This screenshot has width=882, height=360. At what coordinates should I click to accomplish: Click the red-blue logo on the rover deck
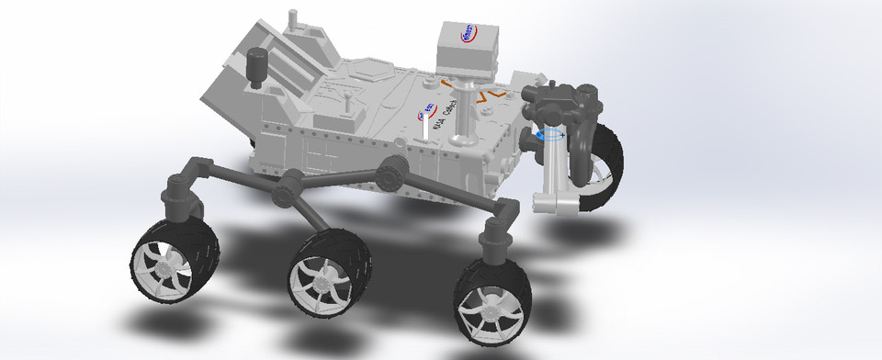click(x=427, y=111)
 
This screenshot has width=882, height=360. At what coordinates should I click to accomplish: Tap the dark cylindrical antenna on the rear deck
click(x=257, y=66)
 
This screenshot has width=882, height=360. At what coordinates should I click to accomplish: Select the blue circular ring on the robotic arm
click(x=551, y=134)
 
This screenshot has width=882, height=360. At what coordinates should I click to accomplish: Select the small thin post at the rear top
click(x=293, y=19)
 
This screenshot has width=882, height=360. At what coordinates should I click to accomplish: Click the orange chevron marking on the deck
click(x=496, y=93)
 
